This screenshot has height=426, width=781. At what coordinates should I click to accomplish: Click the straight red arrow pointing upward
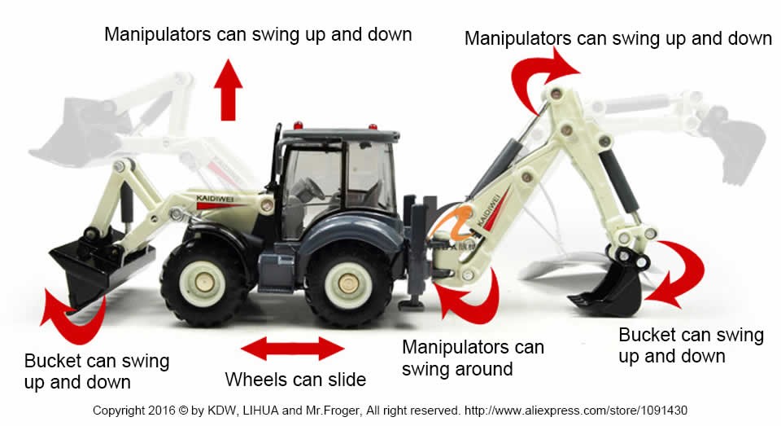tap(228, 90)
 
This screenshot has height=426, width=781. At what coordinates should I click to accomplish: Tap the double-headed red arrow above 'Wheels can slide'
tap(292, 348)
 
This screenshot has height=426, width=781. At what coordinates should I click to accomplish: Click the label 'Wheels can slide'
tap(295, 380)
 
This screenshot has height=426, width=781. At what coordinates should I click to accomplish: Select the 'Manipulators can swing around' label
tap(473, 358)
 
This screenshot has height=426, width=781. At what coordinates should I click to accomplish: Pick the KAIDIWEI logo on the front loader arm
tap(215, 199)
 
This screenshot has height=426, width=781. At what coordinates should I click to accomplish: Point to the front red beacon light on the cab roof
tap(298, 125)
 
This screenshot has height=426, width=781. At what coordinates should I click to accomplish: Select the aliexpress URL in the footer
tap(576, 411)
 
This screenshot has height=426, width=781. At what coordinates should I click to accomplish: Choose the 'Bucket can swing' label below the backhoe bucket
tap(691, 335)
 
